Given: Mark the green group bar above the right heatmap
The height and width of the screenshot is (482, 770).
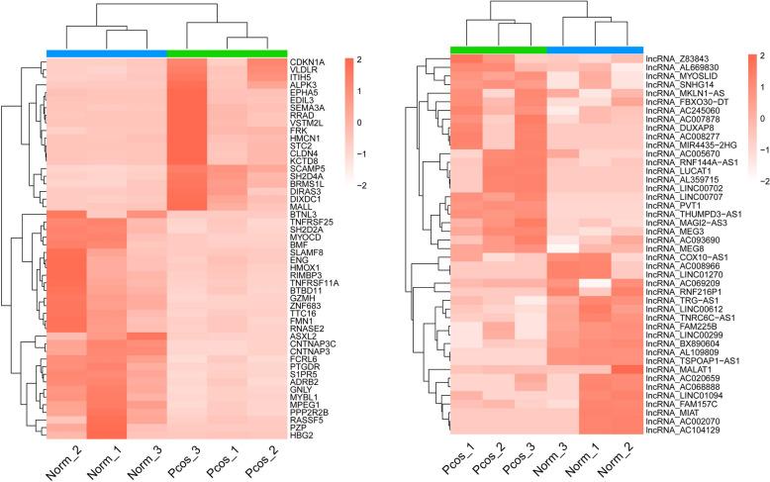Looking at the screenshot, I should [x=497, y=48].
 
